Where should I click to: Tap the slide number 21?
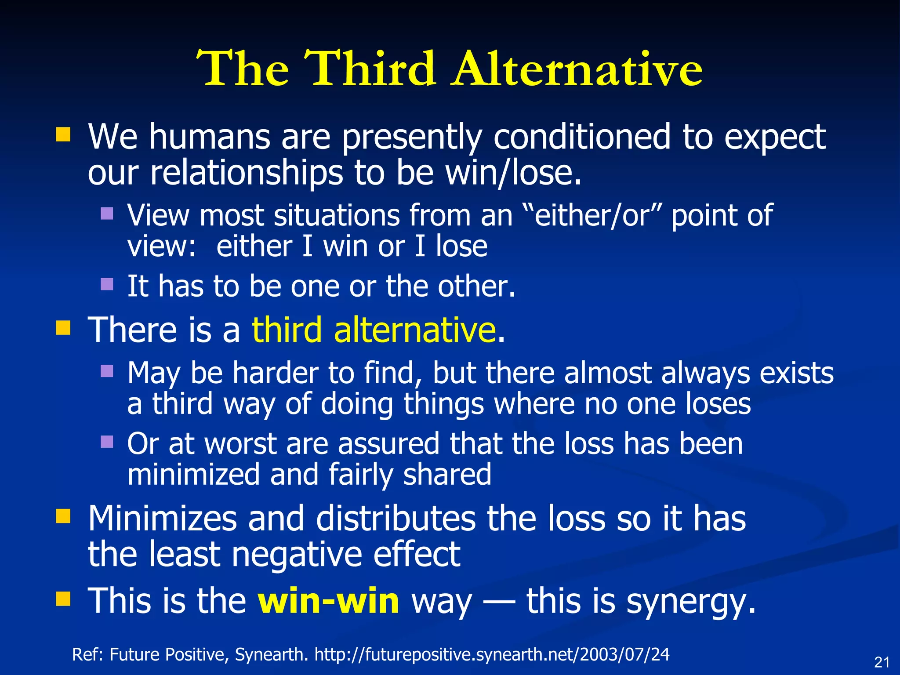pyautogui.click(x=882, y=662)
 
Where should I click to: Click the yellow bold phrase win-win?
pyautogui.click(x=328, y=601)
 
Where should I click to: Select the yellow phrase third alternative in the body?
pyautogui.click(x=374, y=330)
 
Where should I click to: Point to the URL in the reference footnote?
pyautogui.click(x=492, y=655)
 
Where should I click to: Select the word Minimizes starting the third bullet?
pyautogui.click(x=162, y=519)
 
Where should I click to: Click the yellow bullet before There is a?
pyautogui.click(x=63, y=327)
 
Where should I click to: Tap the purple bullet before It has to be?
pyautogui.click(x=107, y=284)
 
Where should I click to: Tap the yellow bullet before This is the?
pyautogui.click(x=63, y=599)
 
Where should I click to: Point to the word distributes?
pyautogui.click(x=396, y=519)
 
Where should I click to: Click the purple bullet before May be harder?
pyautogui.click(x=107, y=371)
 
